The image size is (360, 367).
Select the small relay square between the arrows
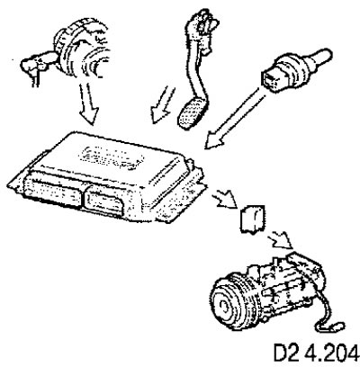click(253, 219)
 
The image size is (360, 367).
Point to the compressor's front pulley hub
click(224, 306)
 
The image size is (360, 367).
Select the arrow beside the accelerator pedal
click(163, 105)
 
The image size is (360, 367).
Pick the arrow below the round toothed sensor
click(89, 103)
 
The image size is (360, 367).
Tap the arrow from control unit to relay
click(224, 198)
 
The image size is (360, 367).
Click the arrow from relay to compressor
click(280, 240)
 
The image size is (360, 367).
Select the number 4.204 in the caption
click(332, 354)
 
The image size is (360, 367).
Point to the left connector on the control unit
click(53, 190)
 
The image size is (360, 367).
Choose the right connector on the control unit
click(103, 201)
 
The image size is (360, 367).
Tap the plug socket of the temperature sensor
click(273, 79)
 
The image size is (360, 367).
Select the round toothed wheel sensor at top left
click(80, 51)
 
